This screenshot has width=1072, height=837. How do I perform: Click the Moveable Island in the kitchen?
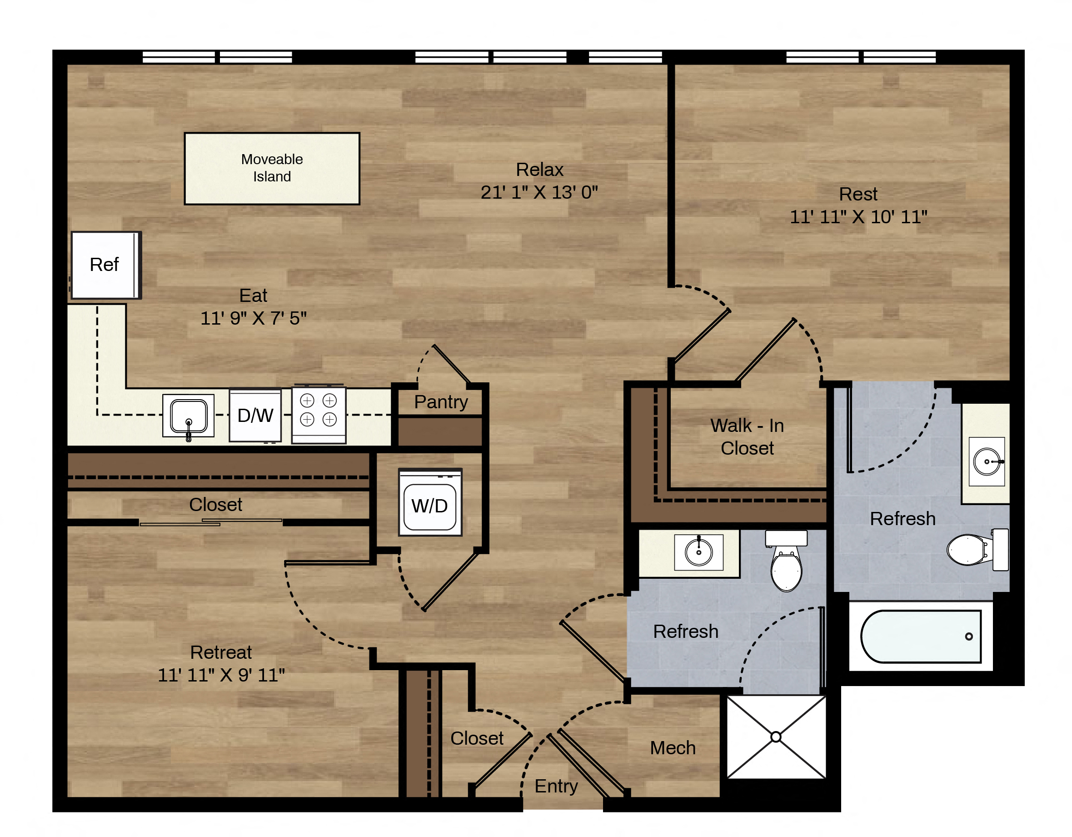click(x=272, y=169)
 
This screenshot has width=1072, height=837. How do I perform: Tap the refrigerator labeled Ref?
click(x=106, y=265)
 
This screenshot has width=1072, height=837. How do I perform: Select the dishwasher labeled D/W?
click(x=255, y=416)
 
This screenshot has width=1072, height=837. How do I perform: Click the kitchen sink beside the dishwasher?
click(x=189, y=416)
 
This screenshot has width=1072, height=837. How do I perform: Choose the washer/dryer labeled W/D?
click(x=430, y=502)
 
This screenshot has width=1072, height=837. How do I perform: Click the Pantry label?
click(x=441, y=402)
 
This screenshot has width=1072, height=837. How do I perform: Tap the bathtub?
click(x=921, y=637)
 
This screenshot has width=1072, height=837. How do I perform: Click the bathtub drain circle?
click(x=969, y=637)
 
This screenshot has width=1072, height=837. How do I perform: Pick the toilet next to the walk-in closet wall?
click(x=786, y=561)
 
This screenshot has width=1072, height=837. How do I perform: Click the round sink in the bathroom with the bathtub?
click(x=987, y=462)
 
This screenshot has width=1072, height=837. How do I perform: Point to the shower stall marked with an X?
click(x=776, y=737)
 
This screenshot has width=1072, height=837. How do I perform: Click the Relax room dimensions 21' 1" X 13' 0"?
click(x=539, y=192)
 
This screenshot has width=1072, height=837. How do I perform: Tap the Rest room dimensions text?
click(x=858, y=216)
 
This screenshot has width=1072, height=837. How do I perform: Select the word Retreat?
click(x=221, y=652)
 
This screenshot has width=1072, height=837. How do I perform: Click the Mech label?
click(x=673, y=748)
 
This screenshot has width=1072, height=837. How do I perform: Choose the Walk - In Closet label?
click(x=747, y=436)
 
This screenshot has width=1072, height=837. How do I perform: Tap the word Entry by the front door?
click(x=556, y=787)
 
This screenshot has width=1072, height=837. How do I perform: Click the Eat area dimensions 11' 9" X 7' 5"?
click(x=253, y=318)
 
